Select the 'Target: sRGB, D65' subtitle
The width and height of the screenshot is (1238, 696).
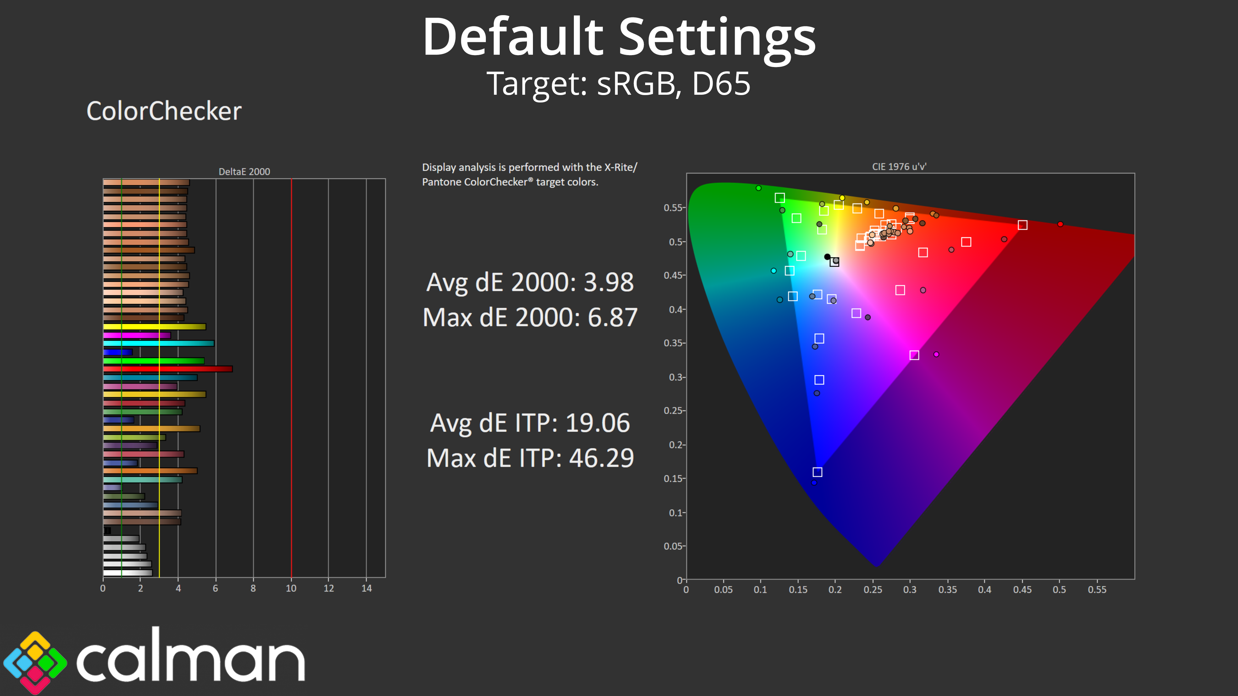point(619,83)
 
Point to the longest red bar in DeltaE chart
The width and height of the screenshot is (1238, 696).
point(168,369)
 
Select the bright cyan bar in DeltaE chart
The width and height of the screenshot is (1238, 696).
point(159,343)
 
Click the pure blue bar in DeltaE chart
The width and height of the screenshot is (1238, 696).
point(118,352)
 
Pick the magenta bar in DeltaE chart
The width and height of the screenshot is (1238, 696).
point(137,335)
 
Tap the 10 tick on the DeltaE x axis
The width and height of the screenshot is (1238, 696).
point(291,588)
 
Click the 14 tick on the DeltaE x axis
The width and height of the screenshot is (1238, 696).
point(367,588)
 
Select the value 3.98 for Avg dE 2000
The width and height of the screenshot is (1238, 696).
point(608,283)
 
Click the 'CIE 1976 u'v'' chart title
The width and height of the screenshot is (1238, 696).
point(899,167)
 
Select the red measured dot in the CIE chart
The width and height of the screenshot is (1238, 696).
point(1060,224)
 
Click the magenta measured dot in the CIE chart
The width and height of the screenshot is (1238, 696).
point(936,354)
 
